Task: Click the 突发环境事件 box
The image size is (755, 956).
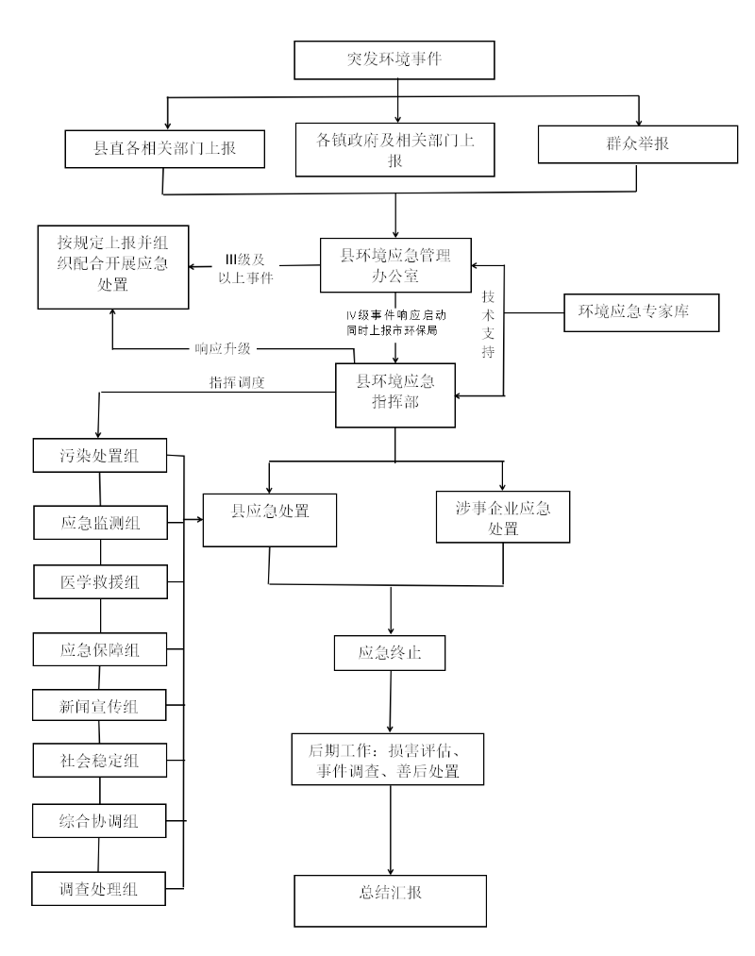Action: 395,59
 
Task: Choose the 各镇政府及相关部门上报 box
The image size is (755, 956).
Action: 395,150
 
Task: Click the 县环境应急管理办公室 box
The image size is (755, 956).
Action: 395,264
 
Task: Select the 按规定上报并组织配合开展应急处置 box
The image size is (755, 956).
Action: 112,266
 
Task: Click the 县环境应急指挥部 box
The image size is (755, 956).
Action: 395,394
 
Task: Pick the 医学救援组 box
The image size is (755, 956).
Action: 100,580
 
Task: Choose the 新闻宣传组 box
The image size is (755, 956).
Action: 100,704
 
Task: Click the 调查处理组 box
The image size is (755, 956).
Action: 100,888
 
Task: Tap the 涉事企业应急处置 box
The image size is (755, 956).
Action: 503,515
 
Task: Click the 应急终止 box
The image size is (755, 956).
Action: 390,652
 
